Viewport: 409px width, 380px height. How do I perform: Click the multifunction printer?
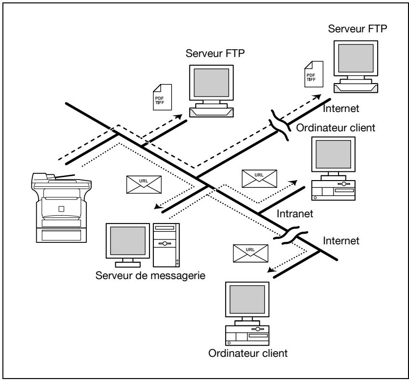[x=61, y=208]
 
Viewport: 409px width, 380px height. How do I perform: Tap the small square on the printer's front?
[x=61, y=209]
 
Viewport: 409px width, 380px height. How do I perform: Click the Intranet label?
[x=295, y=213]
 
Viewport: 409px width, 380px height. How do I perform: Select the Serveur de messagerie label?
[x=150, y=276]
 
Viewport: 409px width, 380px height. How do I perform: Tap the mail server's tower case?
[x=166, y=245]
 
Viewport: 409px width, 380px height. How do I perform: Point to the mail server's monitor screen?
[x=128, y=240]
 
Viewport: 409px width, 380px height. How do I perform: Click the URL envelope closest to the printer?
[x=144, y=184]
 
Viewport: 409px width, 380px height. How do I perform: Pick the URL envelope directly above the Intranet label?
[x=259, y=179]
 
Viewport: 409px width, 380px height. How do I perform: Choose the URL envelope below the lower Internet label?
[x=250, y=253]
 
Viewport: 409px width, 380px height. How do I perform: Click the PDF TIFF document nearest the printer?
[x=162, y=97]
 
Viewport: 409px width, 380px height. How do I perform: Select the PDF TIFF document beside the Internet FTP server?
[x=314, y=74]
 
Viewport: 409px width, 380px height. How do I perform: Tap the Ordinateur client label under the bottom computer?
[x=248, y=353]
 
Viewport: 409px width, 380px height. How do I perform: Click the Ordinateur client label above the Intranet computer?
[x=336, y=127]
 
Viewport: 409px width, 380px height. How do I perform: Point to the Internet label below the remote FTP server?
[x=341, y=108]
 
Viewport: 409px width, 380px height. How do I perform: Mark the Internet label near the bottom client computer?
[x=341, y=240]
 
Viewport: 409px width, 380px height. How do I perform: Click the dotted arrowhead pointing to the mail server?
[x=157, y=206]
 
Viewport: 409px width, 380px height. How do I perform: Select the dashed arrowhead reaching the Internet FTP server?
[x=318, y=97]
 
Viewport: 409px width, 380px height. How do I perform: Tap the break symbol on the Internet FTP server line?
[x=280, y=125]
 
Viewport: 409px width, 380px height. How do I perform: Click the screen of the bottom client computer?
[x=247, y=299]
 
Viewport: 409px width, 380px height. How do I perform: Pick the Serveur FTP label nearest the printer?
[x=215, y=53]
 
